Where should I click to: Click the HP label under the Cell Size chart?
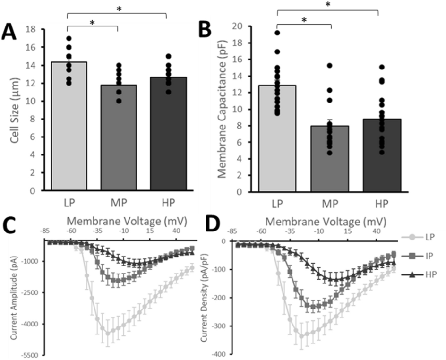click(167, 202)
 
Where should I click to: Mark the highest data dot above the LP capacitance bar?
click(277, 33)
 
